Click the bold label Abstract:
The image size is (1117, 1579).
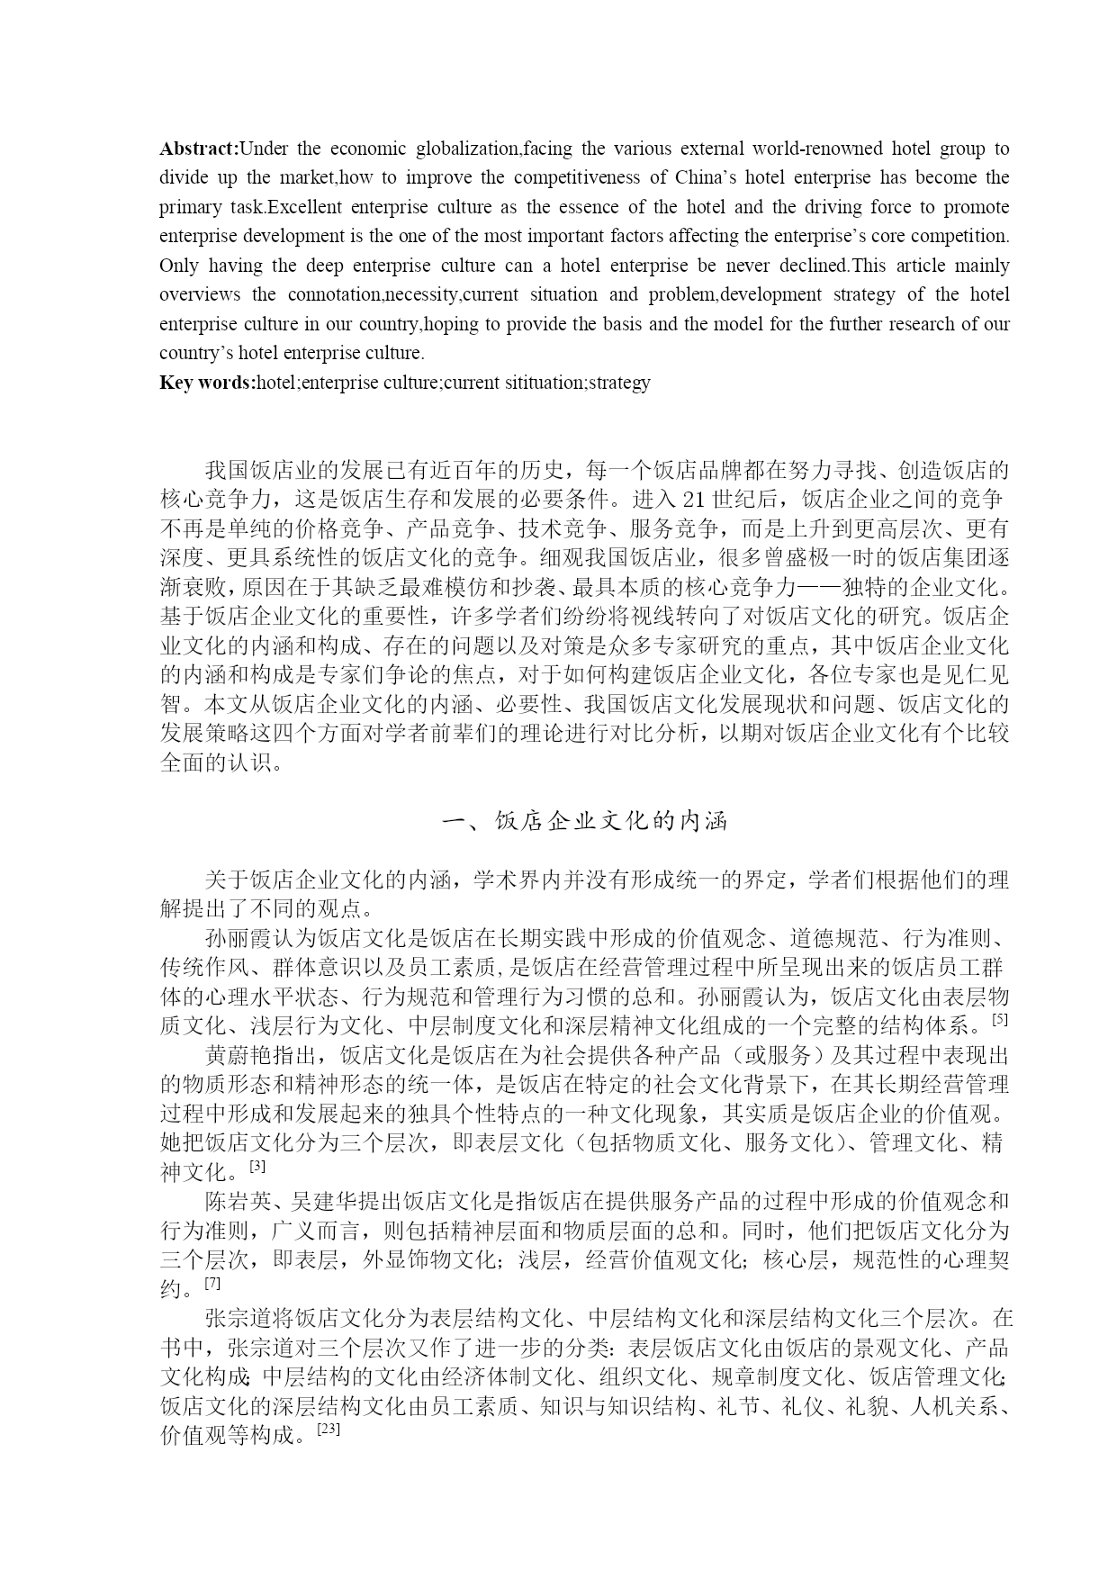click(x=199, y=149)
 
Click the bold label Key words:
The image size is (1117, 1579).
click(x=207, y=383)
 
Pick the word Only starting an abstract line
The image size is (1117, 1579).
click(x=178, y=266)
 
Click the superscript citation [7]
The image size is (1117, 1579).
click(x=212, y=1283)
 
